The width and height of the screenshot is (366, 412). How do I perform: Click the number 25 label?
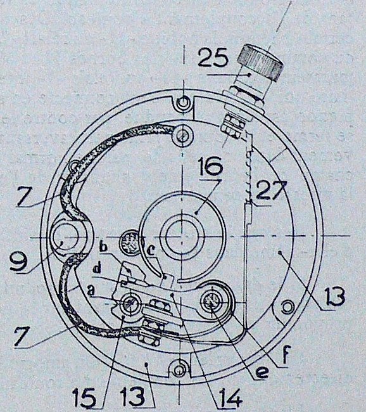(212, 58)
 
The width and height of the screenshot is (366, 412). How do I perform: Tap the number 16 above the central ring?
(210, 166)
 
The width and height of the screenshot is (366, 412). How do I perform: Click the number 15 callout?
(84, 398)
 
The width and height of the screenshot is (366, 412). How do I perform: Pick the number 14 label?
(229, 398)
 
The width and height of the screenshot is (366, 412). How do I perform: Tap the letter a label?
(91, 291)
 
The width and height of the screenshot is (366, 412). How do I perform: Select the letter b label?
(104, 247)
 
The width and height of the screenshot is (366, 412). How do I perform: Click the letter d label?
(97, 269)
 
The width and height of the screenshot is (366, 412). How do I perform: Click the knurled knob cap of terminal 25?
(260, 62)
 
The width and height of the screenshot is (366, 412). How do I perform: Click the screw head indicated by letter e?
(212, 302)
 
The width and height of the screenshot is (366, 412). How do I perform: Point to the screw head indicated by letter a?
(130, 304)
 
